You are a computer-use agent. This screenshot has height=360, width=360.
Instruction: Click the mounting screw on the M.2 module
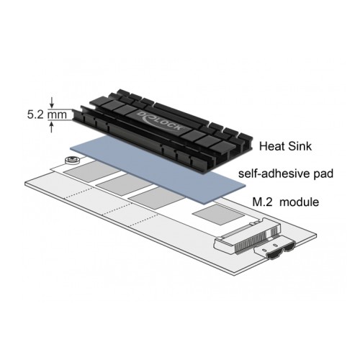click(x=71, y=160)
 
